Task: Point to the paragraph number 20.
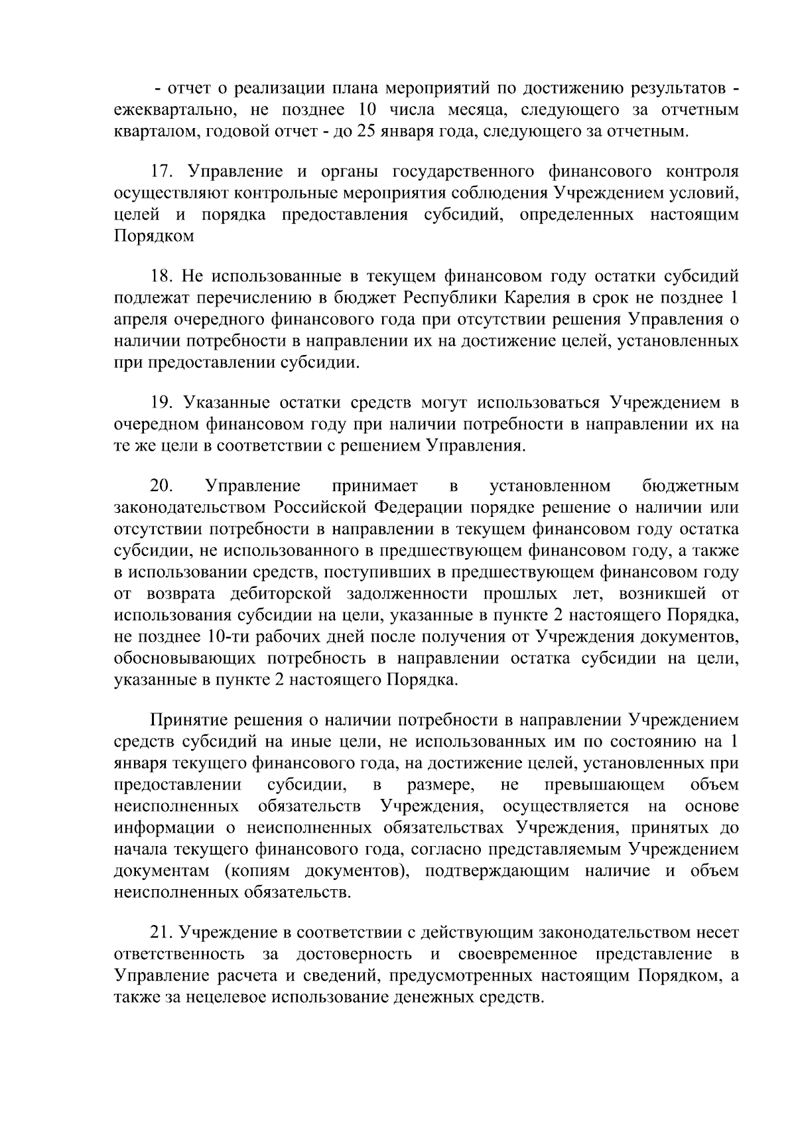(x=161, y=486)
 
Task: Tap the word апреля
(x=140, y=319)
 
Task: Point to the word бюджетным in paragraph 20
(x=691, y=486)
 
